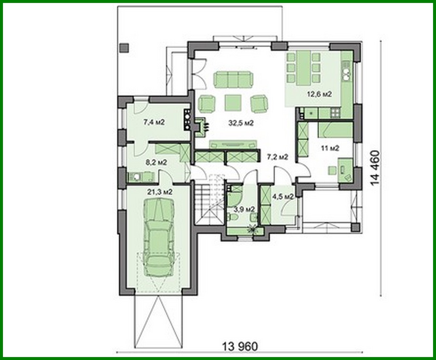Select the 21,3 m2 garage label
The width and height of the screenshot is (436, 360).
(x=160, y=192)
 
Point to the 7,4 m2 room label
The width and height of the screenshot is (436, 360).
(x=154, y=122)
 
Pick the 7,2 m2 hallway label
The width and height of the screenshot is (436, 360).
(x=277, y=157)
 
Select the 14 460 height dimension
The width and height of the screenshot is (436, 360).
(x=375, y=168)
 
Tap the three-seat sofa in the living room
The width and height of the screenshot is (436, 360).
(x=234, y=79)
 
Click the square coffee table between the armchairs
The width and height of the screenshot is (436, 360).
(x=233, y=102)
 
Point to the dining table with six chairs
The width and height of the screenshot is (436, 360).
(x=303, y=68)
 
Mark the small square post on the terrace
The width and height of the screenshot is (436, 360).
(x=124, y=48)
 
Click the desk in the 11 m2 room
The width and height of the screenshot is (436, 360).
(x=346, y=168)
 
